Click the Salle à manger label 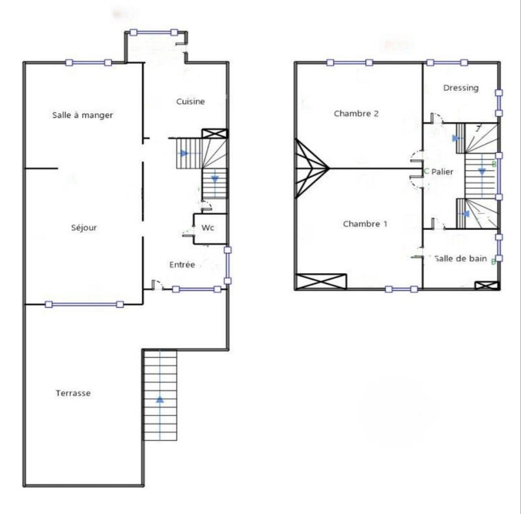[83, 115]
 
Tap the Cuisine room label [191, 102]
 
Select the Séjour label [84, 228]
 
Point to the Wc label [208, 228]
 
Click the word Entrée [182, 264]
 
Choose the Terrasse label [73, 393]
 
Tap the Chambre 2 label [356, 113]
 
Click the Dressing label [460, 88]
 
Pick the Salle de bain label [461, 259]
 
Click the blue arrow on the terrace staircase [160, 399]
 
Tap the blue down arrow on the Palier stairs [482, 171]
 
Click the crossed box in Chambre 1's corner [321, 281]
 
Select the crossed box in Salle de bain [485, 285]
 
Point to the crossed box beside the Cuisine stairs [215, 134]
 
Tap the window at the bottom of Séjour [84, 304]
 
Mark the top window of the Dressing [447, 63]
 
